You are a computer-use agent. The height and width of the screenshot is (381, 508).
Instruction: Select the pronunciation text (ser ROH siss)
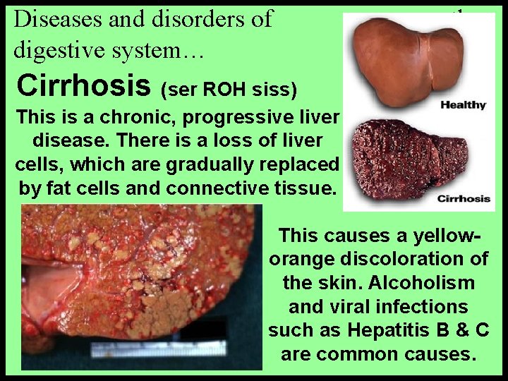pos(229,90)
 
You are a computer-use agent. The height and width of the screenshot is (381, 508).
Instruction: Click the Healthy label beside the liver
pos(463,105)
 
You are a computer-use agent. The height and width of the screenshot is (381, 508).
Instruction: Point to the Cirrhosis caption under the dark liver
pos(464,198)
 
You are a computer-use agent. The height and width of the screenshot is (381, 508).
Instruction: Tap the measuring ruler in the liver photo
pos(158,349)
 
